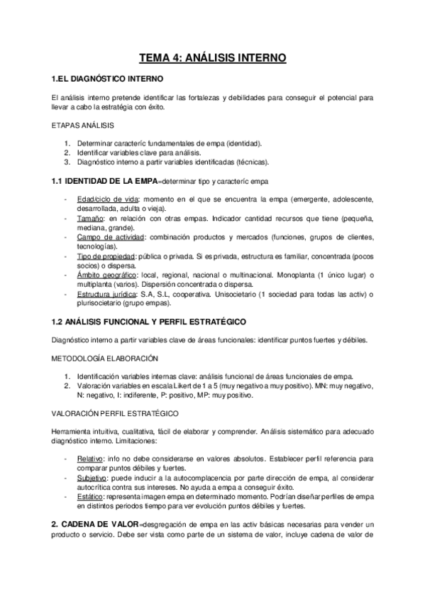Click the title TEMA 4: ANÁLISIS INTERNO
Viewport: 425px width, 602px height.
(212, 59)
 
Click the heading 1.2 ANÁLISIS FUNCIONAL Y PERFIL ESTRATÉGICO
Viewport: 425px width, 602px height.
(149, 322)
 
